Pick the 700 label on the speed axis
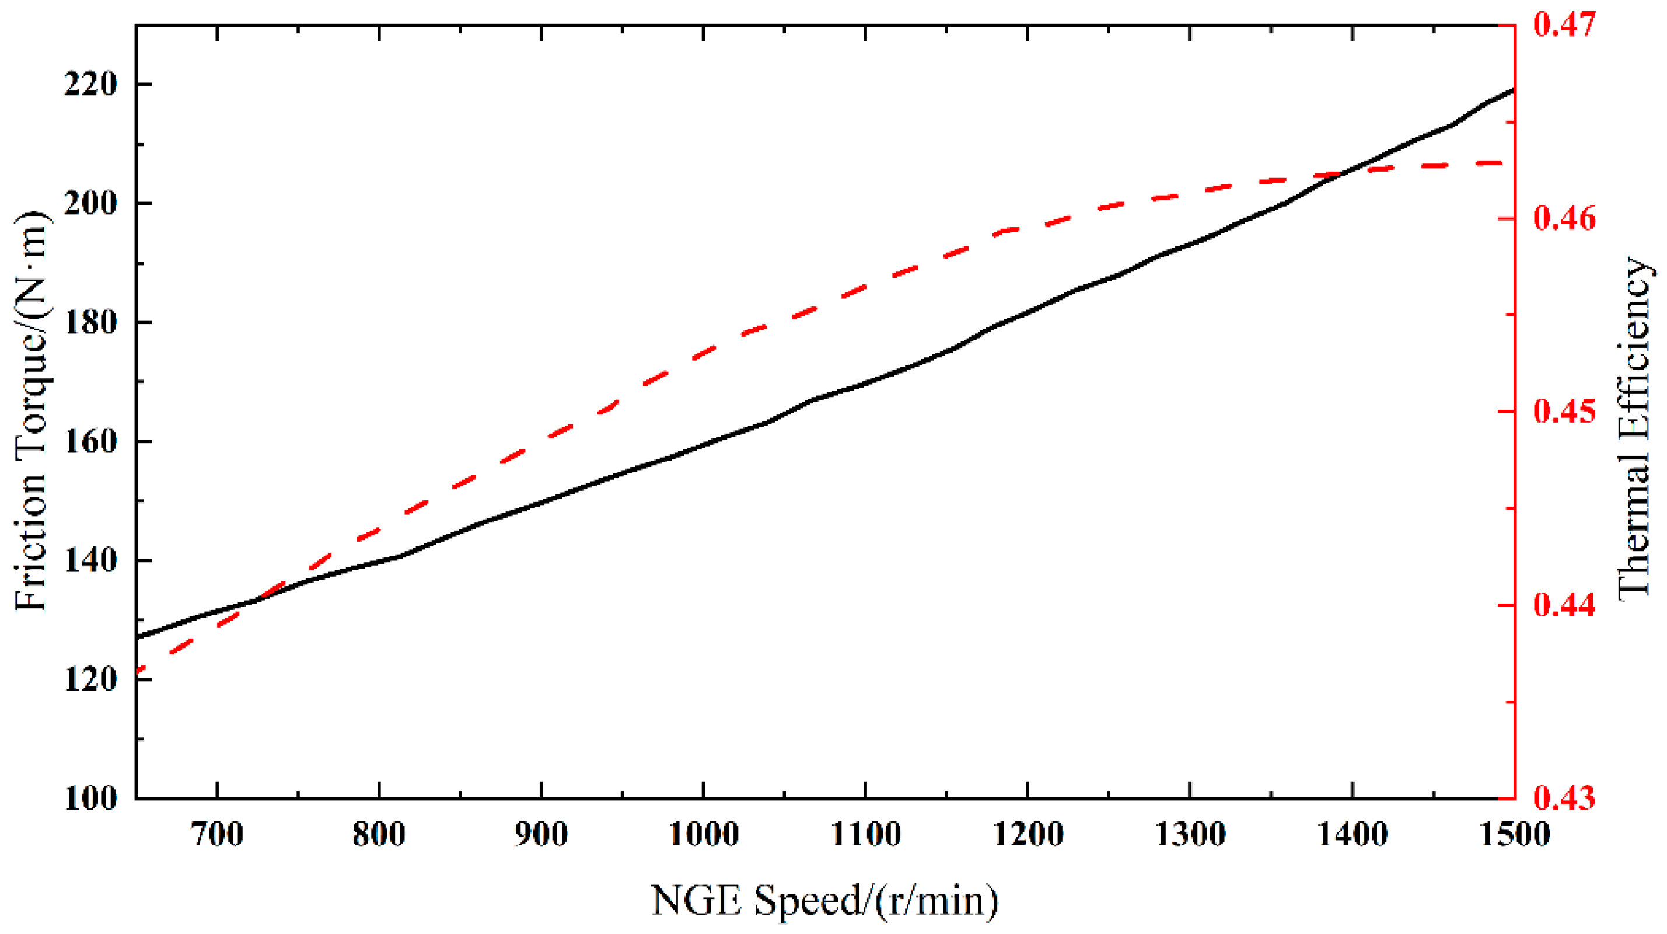[217, 835]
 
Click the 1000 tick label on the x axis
[703, 835]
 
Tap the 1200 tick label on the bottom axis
[1028, 835]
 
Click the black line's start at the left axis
[137, 637]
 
